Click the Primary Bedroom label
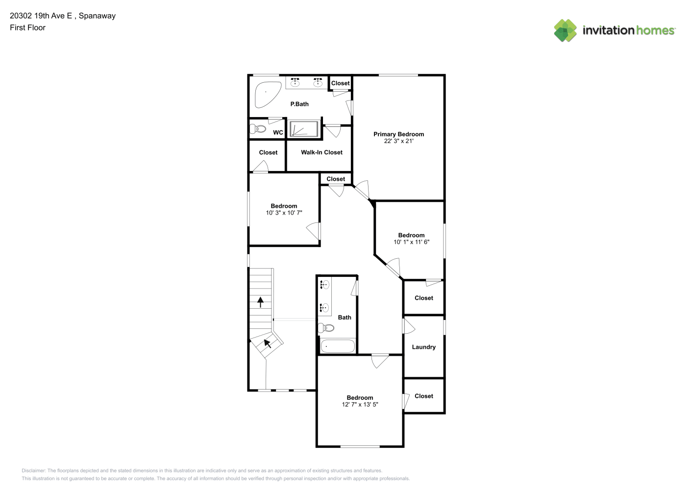point(398,134)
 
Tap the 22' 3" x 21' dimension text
point(398,141)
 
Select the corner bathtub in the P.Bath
point(267,95)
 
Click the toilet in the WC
point(258,128)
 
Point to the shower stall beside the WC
point(304,129)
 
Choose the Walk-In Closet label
point(322,152)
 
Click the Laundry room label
point(423,347)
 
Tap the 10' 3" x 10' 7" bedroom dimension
point(284,213)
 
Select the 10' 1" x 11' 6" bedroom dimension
point(411,242)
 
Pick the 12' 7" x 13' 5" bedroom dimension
point(360,404)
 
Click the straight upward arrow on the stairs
point(261,302)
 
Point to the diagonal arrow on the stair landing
point(267,343)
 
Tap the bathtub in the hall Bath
point(338,346)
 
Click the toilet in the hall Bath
point(326,328)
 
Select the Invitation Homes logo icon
point(565,30)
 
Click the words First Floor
point(27,27)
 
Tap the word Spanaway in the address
point(97,16)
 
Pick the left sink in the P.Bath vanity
point(295,82)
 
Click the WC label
point(278,132)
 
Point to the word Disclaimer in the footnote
point(34,470)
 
